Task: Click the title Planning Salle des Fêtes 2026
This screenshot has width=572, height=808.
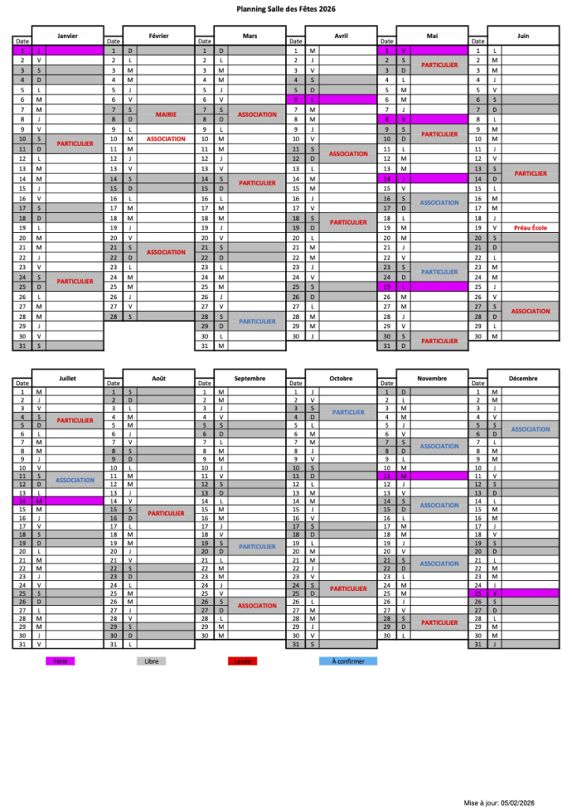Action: coord(285,9)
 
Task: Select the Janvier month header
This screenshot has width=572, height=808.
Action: coord(68,36)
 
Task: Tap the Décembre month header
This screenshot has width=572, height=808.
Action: coord(524,378)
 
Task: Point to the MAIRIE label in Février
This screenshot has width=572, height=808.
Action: coord(166,114)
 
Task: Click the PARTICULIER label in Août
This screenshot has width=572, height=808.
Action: coord(166,513)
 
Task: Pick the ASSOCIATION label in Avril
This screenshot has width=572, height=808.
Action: coord(348,154)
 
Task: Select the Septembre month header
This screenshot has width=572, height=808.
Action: coord(250,378)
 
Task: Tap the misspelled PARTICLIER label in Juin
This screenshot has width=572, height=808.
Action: coord(530,173)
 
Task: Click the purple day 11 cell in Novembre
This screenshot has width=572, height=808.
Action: coord(423,476)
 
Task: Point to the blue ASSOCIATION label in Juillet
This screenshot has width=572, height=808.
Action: coord(75,480)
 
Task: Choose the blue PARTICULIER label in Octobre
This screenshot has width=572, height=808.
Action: coord(348,413)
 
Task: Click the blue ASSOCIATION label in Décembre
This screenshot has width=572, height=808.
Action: coord(530,429)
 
